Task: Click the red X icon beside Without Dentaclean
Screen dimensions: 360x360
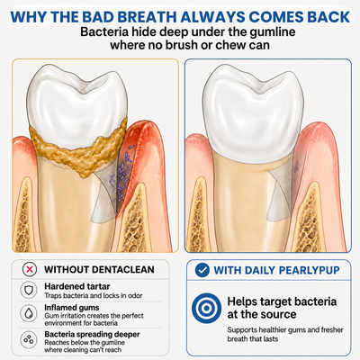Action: tap(30, 269)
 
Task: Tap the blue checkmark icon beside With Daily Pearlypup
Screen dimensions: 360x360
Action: tap(202, 270)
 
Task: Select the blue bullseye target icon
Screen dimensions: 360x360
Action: tap(206, 308)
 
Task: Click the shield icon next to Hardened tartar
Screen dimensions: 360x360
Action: tap(29, 290)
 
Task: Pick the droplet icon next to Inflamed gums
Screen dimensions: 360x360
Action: tap(29, 313)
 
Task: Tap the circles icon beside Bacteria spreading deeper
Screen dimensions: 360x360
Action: tap(29, 340)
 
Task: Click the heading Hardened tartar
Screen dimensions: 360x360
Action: tap(77, 286)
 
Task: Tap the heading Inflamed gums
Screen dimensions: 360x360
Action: tap(72, 308)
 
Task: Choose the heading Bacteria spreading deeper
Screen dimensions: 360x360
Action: tap(92, 334)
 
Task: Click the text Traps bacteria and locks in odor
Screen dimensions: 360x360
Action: tap(94, 296)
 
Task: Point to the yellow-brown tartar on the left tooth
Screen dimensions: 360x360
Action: tap(78, 148)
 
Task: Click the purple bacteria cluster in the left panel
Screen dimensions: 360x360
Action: tap(121, 174)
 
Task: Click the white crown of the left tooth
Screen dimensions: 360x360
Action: tap(77, 102)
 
